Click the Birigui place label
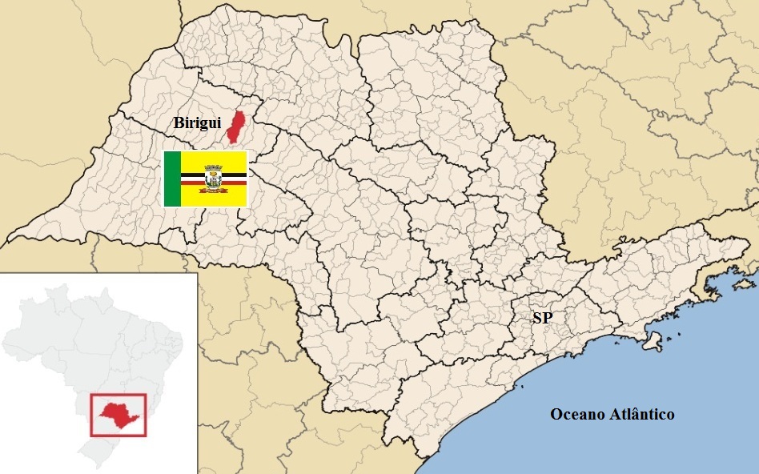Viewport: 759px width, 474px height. (197, 123)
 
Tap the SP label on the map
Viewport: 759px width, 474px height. (542, 318)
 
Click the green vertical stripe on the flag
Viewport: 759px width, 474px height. (172, 178)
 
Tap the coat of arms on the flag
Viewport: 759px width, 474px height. (214, 178)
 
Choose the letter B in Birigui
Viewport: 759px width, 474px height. (179, 123)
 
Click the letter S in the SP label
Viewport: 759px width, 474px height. (537, 318)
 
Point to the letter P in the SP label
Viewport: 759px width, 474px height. (548, 318)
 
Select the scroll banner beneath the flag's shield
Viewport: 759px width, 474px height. (214, 190)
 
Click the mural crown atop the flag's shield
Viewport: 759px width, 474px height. (214, 167)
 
